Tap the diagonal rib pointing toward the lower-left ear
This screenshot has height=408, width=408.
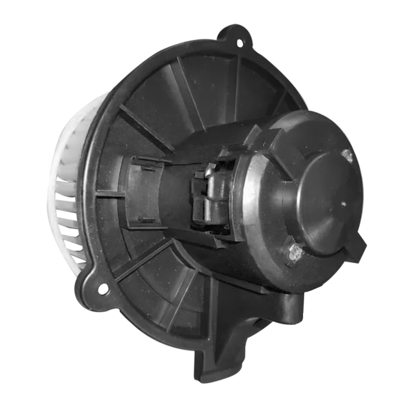point(143,258)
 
